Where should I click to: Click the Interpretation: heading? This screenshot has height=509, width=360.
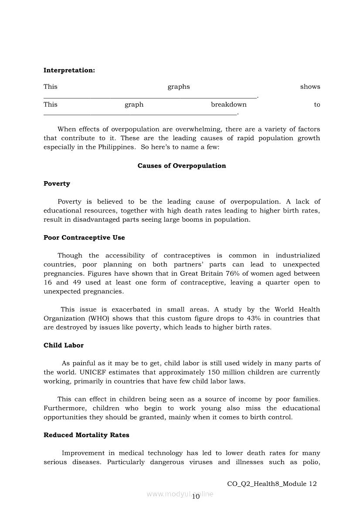pyautogui.click(x=69, y=70)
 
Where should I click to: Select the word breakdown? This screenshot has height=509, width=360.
pyautogui.click(x=229, y=104)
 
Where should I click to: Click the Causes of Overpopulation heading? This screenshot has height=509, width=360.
pyautogui.click(x=182, y=166)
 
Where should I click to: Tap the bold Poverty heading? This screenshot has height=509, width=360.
pyautogui.click(x=57, y=184)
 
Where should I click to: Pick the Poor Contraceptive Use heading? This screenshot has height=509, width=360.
pyautogui.click(x=84, y=238)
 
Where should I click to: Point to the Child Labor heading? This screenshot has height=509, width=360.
pyautogui.click(x=64, y=345)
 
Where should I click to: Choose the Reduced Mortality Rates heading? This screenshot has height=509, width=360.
pyautogui.click(x=86, y=435)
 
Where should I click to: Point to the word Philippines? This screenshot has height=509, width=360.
pyautogui.click(x=117, y=147)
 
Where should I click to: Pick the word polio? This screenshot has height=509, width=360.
pyautogui.click(x=311, y=462)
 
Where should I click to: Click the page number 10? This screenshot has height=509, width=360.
pyautogui.click(x=196, y=497)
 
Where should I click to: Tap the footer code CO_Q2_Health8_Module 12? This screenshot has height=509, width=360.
pyautogui.click(x=272, y=484)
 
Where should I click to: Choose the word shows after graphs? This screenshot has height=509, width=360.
pyautogui.click(x=310, y=87)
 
